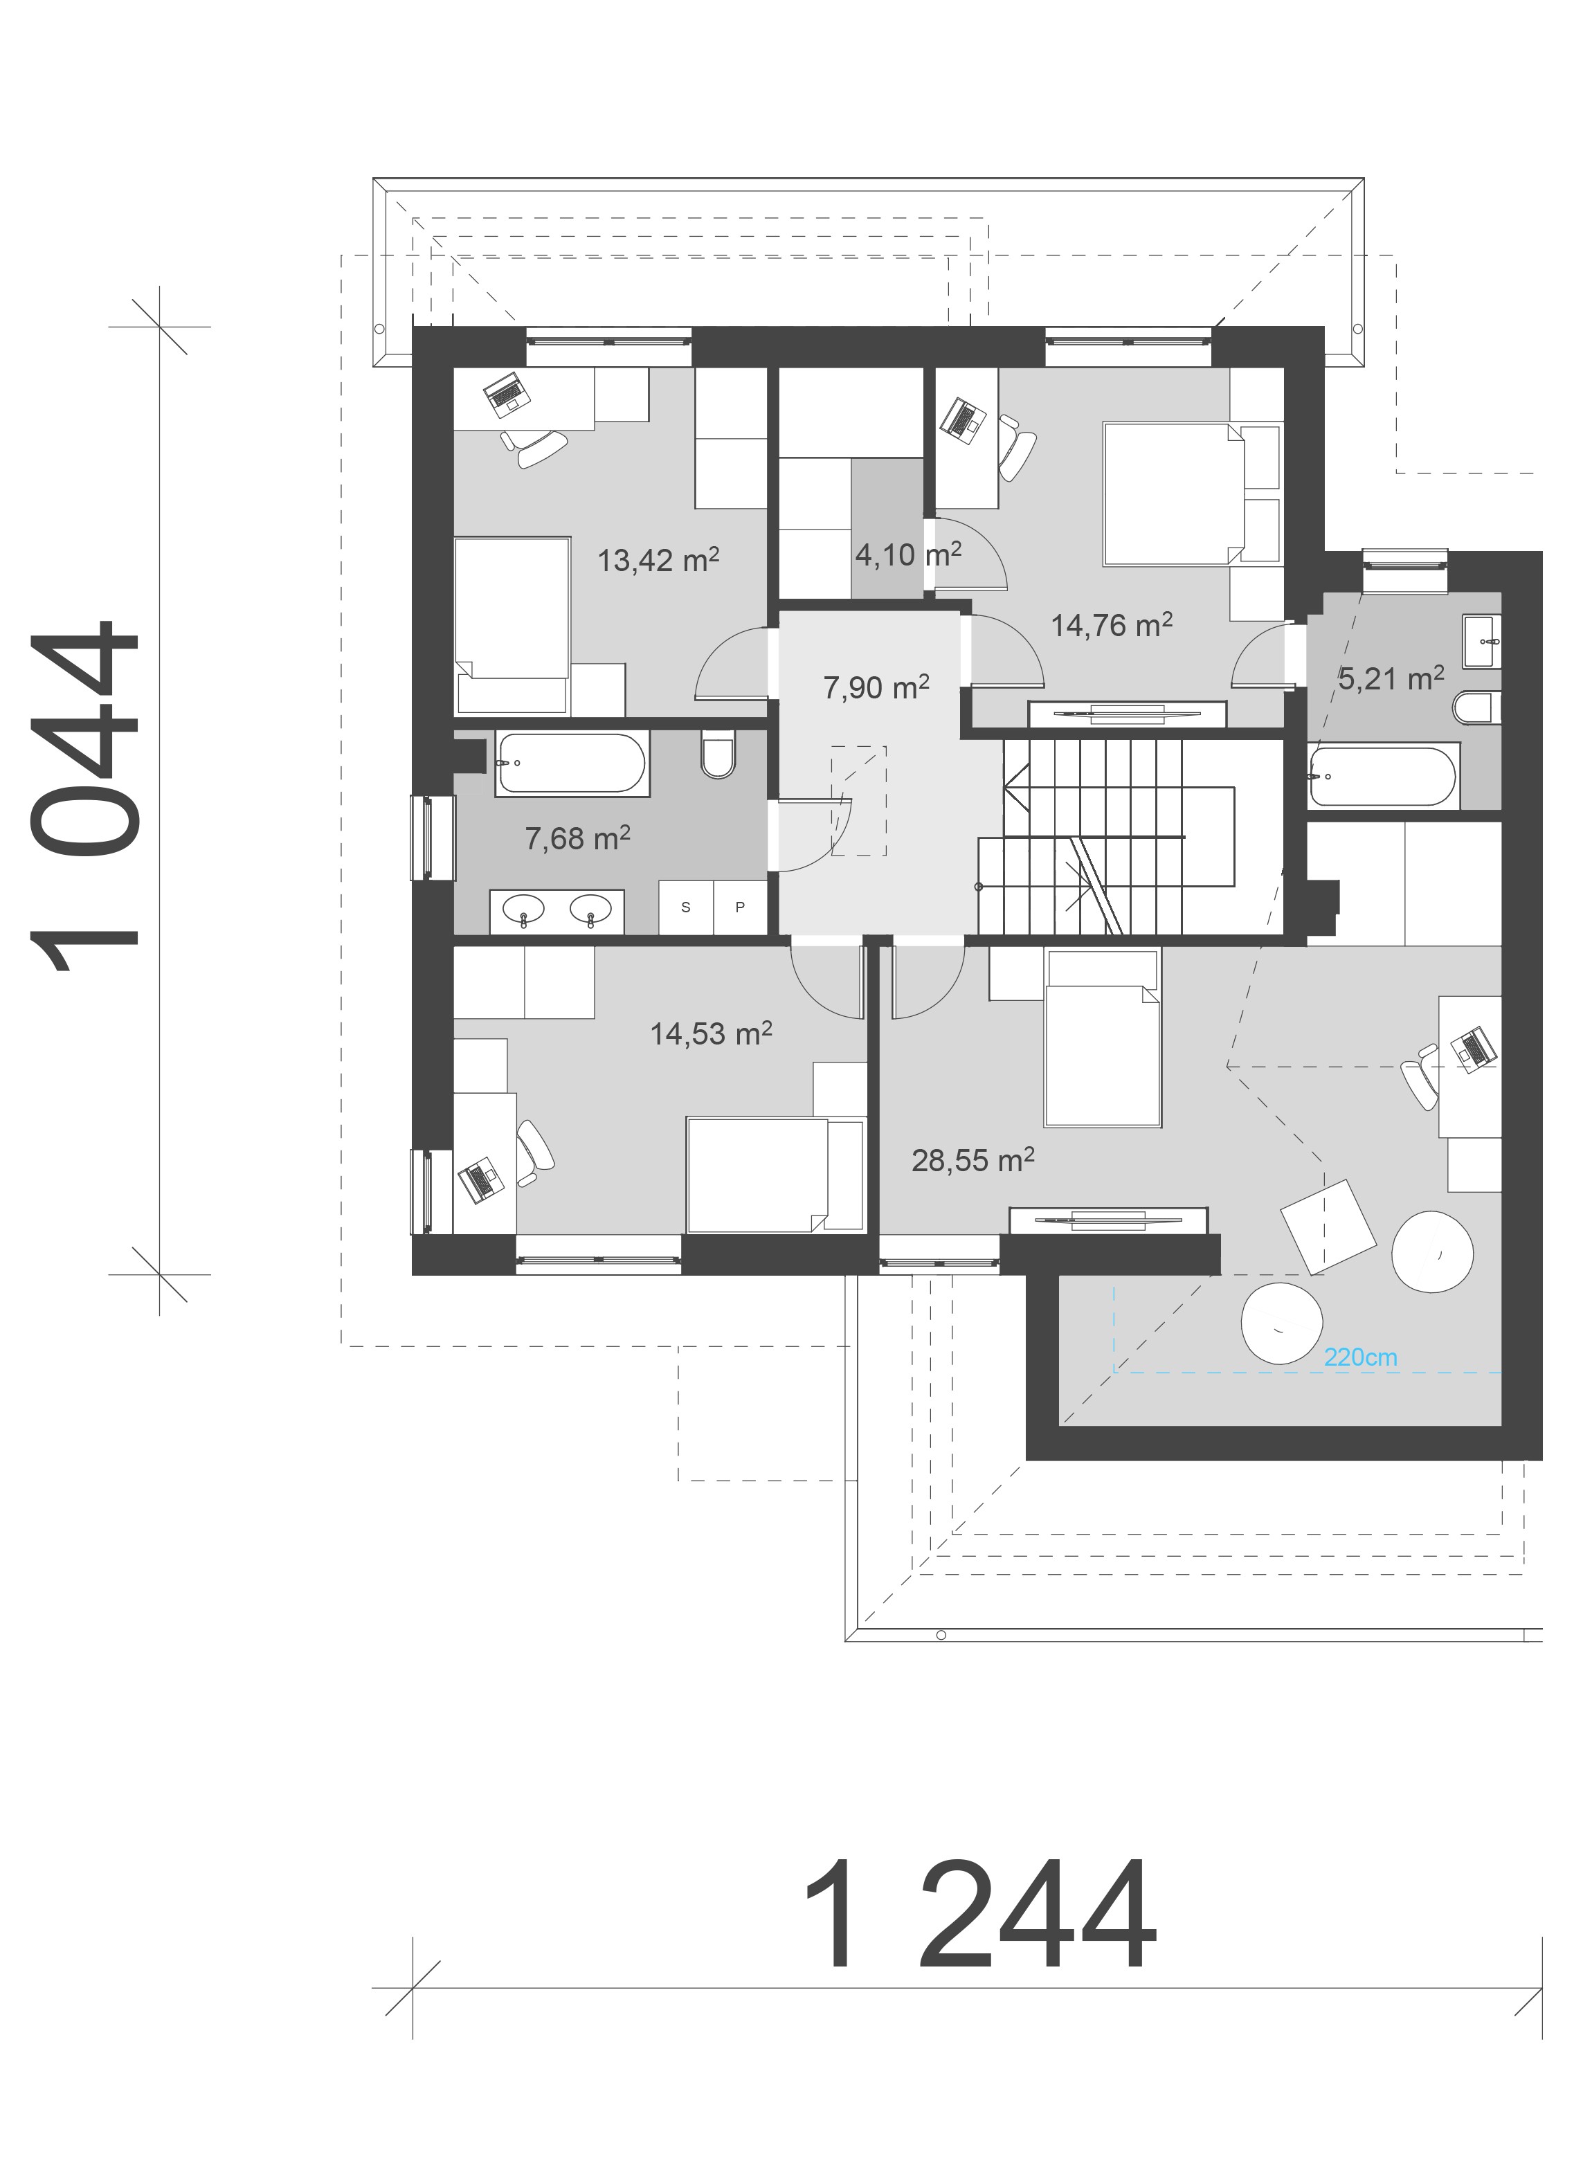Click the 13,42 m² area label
[658, 559]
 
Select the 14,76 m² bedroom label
[1112, 626]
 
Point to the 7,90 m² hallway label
[876, 687]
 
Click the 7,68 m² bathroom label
[577, 838]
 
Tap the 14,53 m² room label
[711, 1033]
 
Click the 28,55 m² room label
[973, 1161]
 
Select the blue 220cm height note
[1360, 1357]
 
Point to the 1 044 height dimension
[87, 797]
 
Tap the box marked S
[686, 907]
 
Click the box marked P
[740, 907]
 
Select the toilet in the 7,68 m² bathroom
[718, 754]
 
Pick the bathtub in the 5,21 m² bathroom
[1383, 775]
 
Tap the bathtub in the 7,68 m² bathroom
[572, 763]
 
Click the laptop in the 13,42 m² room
[506, 394]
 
